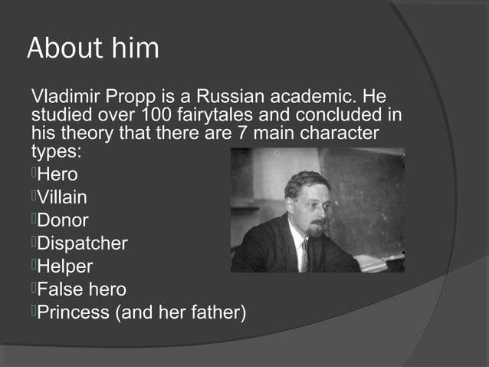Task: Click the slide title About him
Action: point(93,48)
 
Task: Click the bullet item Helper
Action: point(65,266)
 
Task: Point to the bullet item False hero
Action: point(82,289)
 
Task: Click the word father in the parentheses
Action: point(212,312)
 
